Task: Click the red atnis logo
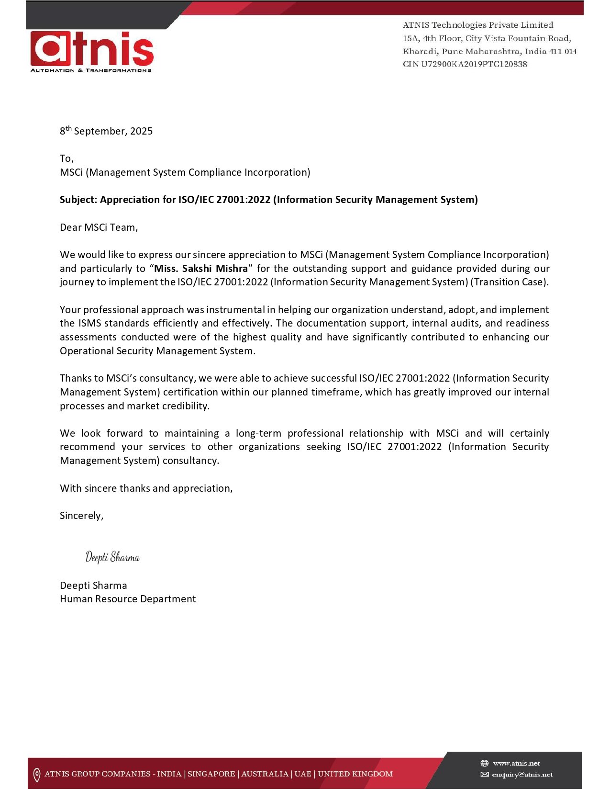(92, 48)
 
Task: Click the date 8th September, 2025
(106, 131)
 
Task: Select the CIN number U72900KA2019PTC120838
(474, 64)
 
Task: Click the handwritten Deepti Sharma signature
(112, 557)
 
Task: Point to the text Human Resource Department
(128, 599)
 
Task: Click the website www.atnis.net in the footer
(516, 763)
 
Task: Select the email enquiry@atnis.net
(522, 774)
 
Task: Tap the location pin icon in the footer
(37, 774)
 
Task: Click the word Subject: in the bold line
(78, 200)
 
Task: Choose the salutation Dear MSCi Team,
(99, 227)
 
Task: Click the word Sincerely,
(82, 516)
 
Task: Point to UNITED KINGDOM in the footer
(355, 774)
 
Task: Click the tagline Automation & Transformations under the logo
(91, 70)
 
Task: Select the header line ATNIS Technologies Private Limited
(478, 25)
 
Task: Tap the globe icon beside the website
(485, 763)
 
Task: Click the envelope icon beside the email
(485, 774)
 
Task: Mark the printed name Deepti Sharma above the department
(93, 586)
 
